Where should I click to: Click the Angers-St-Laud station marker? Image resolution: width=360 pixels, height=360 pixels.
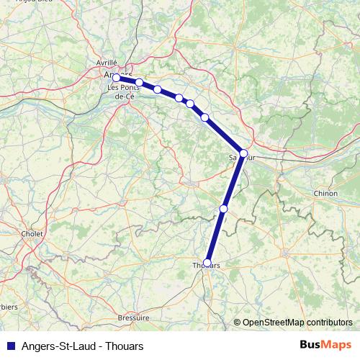click(116, 78)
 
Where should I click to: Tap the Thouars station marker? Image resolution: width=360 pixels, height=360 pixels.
click(207, 263)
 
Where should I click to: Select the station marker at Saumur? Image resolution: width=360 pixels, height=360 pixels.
click(243, 153)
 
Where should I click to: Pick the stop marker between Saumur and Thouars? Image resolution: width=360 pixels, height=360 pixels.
click(224, 209)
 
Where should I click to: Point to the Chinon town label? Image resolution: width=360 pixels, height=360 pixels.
click(325, 194)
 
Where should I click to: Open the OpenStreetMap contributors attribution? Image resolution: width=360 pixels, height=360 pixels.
click(293, 323)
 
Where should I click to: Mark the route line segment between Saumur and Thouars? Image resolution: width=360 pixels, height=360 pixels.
click(233, 181)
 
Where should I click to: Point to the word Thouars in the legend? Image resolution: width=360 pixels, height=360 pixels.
click(125, 346)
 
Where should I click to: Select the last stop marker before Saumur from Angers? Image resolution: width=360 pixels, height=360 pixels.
click(205, 117)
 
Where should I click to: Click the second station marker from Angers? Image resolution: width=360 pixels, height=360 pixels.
click(140, 82)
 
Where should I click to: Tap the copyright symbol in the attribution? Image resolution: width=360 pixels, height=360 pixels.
click(237, 323)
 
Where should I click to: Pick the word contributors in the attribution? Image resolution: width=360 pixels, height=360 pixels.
click(327, 323)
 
